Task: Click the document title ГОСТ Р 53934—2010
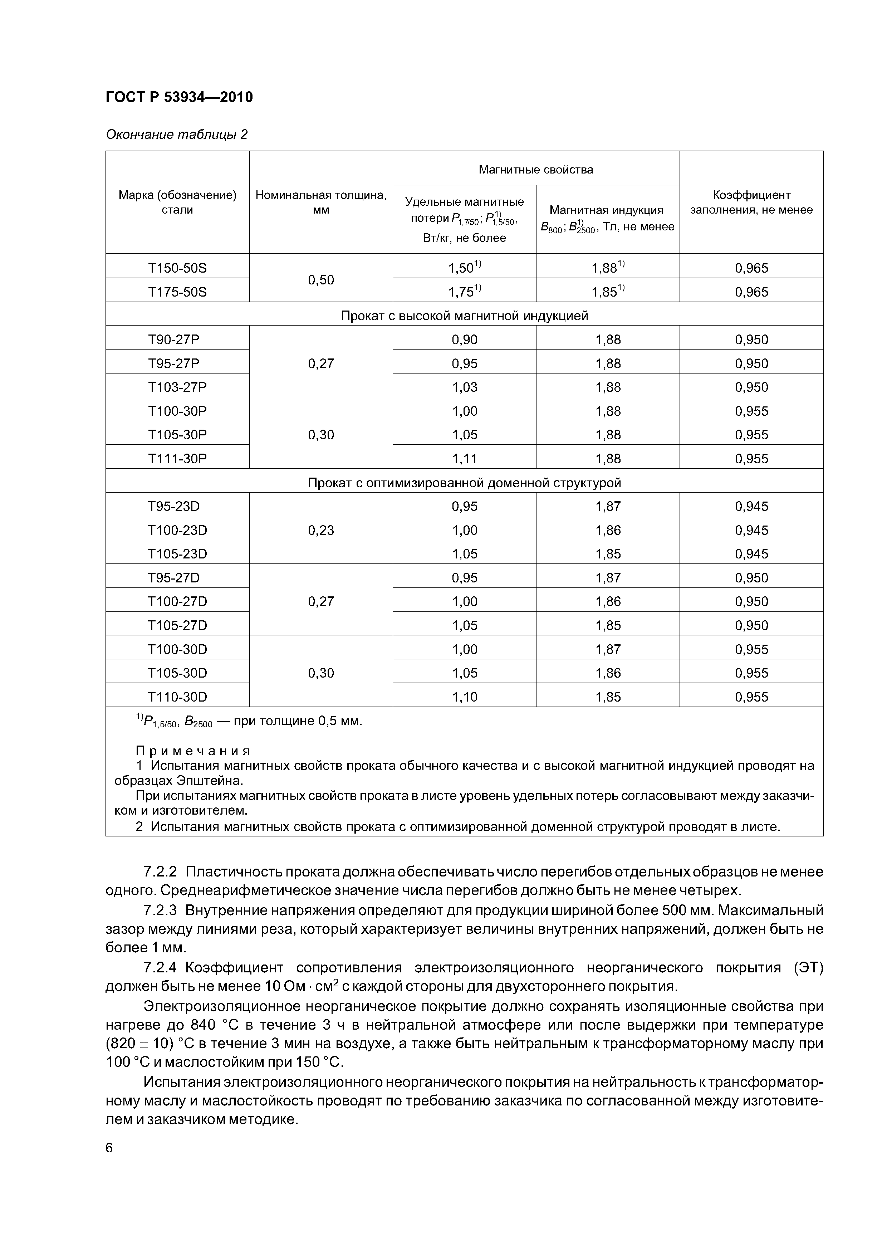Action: point(179,97)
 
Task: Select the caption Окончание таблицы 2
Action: point(177,135)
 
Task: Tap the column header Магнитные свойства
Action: point(535,170)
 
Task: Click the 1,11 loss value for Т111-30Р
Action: point(465,459)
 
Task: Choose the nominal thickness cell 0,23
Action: point(321,530)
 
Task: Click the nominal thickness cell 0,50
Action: point(321,280)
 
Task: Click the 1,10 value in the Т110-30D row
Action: point(465,697)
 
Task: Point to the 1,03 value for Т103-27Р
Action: point(465,387)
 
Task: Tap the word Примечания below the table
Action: point(192,751)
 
